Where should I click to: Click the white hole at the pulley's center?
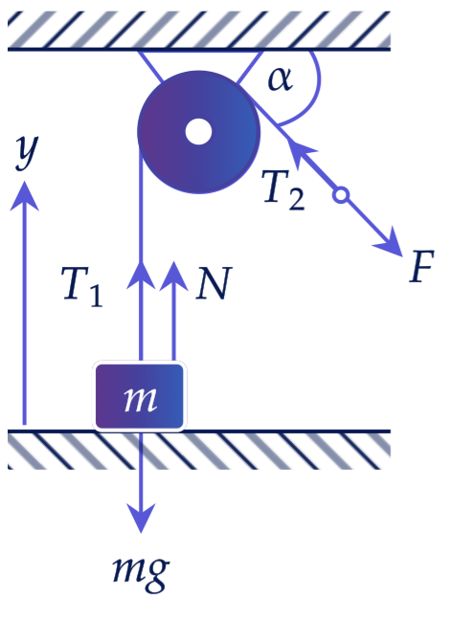[x=198, y=132]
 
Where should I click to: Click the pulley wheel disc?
[x=198, y=132]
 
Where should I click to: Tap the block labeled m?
[x=139, y=396]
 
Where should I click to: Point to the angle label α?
[x=280, y=79]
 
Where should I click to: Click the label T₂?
[x=283, y=190]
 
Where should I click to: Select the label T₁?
[x=82, y=287]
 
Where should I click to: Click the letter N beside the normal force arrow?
[x=214, y=283]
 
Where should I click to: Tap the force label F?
[x=421, y=267]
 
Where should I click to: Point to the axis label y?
[x=27, y=150]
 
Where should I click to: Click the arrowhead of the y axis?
[x=25, y=195]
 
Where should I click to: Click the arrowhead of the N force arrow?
[x=173, y=276]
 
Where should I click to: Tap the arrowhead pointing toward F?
[x=389, y=242]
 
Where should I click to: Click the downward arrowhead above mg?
[x=141, y=518]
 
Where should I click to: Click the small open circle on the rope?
[x=341, y=195]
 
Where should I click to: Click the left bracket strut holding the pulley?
[x=150, y=66]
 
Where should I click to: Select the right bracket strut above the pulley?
[x=249, y=67]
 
